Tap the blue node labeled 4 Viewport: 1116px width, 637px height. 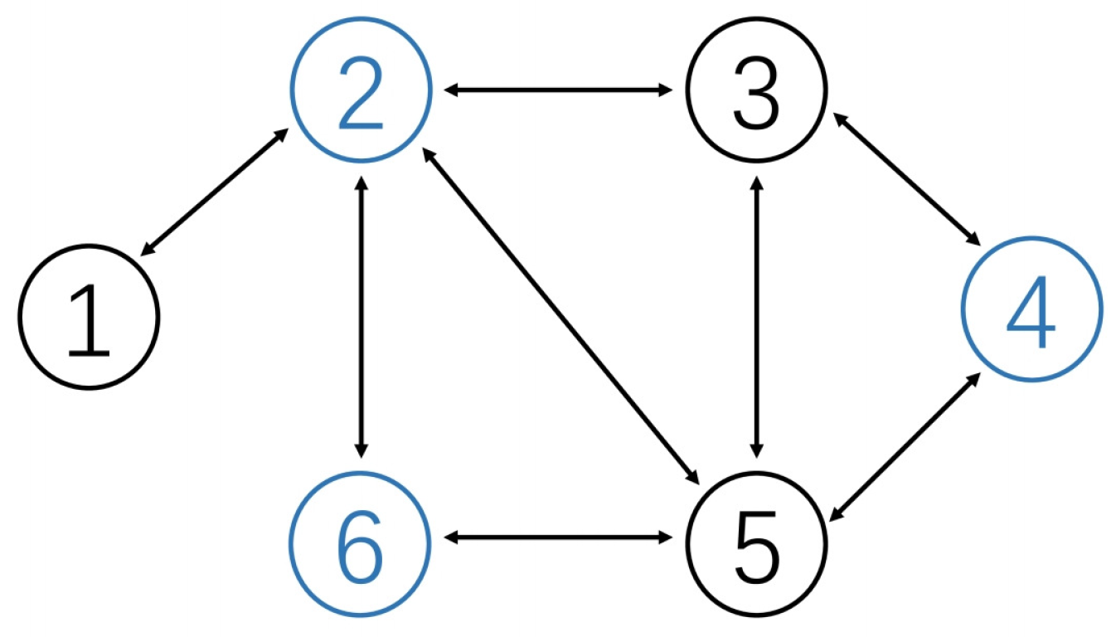tap(1031, 309)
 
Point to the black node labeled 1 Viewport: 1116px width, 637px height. tap(88, 316)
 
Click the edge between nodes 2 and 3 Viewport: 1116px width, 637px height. tap(558, 89)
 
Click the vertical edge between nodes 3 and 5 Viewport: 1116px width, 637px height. tap(756, 315)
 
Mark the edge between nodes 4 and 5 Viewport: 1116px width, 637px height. tap(907, 448)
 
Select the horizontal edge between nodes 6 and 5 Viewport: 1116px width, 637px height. tap(558, 538)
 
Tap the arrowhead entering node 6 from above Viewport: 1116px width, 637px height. tap(361, 449)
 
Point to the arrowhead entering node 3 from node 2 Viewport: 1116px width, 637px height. tap(665, 89)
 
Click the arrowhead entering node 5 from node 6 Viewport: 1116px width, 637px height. tap(665, 538)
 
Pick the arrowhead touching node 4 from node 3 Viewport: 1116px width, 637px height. tap(974, 238)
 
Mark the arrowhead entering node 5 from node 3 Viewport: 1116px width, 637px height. tap(756, 449)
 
